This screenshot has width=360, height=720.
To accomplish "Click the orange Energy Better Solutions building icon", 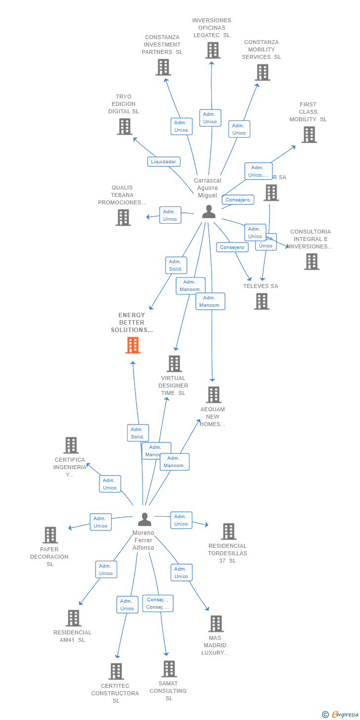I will click(x=133, y=345).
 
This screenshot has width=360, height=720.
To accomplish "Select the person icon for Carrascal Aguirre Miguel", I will click(x=209, y=212).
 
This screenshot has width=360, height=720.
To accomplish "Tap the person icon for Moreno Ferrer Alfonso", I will click(x=144, y=519).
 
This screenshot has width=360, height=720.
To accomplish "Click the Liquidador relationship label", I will click(x=164, y=161).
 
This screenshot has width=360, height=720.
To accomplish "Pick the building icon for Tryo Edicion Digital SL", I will click(x=125, y=127).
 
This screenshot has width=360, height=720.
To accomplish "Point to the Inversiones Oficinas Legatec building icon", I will click(x=213, y=50).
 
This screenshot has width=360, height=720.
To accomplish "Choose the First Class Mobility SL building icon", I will click(x=309, y=135).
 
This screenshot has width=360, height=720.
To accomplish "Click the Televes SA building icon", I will click(x=262, y=301).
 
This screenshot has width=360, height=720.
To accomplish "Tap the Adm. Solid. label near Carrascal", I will click(x=176, y=265).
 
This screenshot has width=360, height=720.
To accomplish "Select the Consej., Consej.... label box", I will click(x=158, y=603).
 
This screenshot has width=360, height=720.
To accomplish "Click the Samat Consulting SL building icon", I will click(x=169, y=669).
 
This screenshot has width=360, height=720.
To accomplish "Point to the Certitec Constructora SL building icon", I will click(x=116, y=672).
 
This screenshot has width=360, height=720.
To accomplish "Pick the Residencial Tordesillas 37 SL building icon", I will click(x=228, y=531).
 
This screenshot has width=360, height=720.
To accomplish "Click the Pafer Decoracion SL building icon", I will click(x=50, y=535).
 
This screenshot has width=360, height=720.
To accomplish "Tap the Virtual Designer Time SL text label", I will click(x=173, y=385).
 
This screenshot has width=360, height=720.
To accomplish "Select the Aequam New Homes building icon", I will click(x=214, y=395).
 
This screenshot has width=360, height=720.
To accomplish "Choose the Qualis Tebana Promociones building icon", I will click(x=123, y=218).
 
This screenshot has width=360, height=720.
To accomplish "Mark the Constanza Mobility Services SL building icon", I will click(x=262, y=72).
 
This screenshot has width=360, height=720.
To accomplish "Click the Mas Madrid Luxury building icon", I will click(x=216, y=624).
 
